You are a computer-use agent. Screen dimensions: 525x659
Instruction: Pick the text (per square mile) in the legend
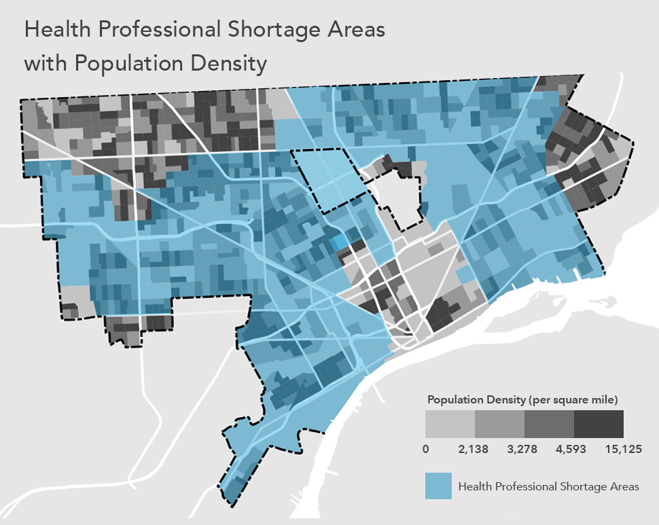tap(572, 398)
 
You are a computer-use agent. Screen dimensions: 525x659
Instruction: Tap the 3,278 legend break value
tap(524, 449)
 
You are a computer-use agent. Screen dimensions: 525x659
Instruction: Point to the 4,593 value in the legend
tap(574, 449)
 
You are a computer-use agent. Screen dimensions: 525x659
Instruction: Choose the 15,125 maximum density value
tap(623, 449)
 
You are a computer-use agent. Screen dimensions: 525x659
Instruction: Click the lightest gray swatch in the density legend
tap(450, 424)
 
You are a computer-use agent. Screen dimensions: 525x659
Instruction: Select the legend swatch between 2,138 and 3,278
tap(499, 424)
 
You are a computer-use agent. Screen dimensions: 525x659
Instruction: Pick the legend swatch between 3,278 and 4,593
tap(549, 424)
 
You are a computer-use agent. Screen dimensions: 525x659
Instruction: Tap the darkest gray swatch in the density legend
tap(599, 424)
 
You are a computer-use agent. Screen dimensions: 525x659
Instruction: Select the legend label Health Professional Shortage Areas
tap(548, 486)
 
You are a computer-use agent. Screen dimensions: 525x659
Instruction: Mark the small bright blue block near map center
tap(338, 243)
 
